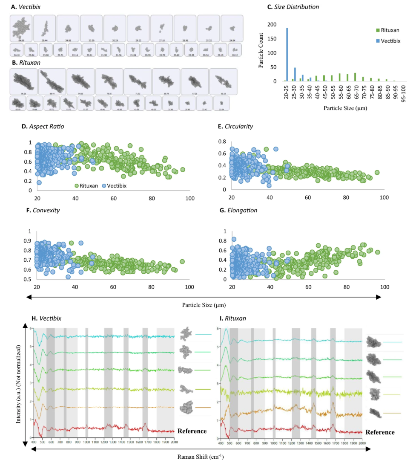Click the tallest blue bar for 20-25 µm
click(287, 55)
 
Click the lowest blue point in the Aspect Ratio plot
click(39, 182)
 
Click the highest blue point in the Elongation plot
click(234, 240)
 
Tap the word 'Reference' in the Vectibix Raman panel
click(192, 431)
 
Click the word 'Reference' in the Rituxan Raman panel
click(380, 432)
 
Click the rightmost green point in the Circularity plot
click(376, 173)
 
